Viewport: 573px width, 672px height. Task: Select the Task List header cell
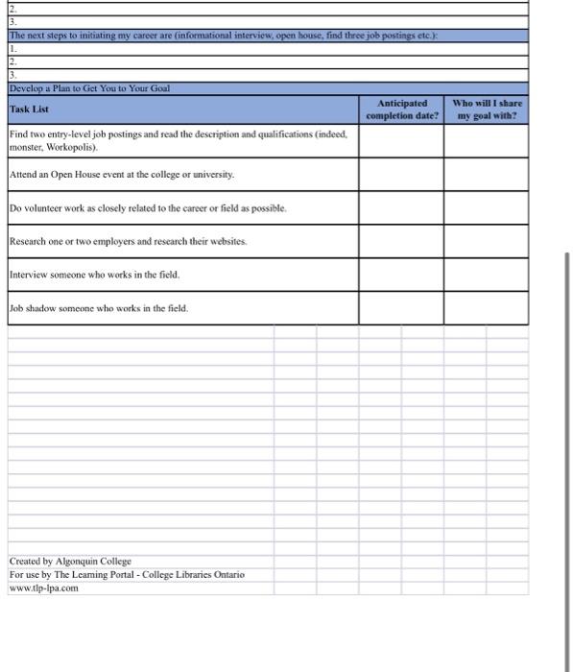[30, 109]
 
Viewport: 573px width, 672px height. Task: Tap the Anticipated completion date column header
[401, 108]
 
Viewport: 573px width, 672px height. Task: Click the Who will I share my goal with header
[486, 108]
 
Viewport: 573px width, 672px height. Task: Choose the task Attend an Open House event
[121, 174]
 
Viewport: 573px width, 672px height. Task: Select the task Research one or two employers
[129, 241]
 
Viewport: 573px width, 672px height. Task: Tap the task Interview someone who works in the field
[94, 275]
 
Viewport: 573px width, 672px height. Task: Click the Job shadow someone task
[99, 308]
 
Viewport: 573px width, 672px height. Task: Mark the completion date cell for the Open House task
[401, 174]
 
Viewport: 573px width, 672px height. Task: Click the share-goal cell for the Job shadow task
[486, 308]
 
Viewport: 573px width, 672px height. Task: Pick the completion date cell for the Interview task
[401, 275]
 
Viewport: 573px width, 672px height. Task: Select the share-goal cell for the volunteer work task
[486, 207]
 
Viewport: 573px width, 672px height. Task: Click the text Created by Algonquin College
[70, 561]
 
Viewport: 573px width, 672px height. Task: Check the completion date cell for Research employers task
[401, 241]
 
